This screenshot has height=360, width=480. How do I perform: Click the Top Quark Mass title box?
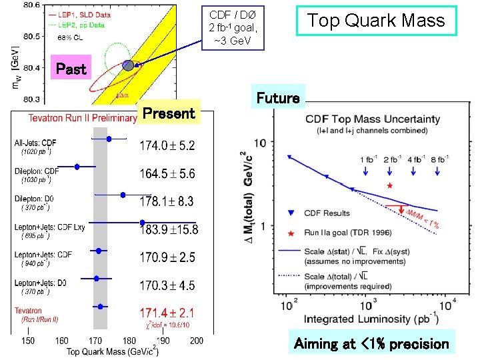[375, 21]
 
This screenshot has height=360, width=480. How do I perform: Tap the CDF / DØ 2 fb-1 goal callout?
[233, 28]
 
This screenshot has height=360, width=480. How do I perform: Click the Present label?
[169, 113]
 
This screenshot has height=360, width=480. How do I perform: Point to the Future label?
[278, 99]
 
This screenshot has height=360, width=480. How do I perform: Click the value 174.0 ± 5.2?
[167, 145]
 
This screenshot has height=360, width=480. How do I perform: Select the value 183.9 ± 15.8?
[169, 229]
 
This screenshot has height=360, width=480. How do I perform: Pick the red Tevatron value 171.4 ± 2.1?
[167, 312]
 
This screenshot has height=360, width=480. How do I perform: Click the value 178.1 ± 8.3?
[167, 201]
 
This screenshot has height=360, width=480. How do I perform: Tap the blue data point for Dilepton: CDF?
[77, 167]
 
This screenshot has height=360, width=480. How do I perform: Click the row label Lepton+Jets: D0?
[41, 283]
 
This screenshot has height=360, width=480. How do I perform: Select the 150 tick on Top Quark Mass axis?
[28, 341]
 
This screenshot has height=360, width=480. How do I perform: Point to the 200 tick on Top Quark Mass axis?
[196, 341]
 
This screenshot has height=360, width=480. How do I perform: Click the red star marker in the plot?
[390, 185]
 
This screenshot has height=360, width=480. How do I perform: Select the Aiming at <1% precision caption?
[372, 344]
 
